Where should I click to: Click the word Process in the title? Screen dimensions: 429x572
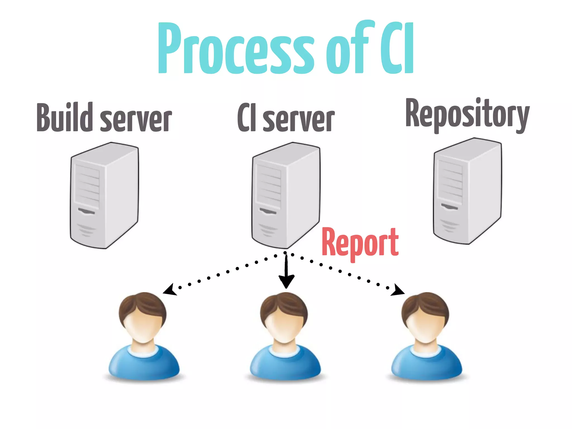(236, 49)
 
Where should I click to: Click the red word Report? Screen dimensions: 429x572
(360, 242)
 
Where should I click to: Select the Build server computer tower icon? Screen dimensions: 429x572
(104, 196)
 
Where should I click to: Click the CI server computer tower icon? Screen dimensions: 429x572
(286, 196)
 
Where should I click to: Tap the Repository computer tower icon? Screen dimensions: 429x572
(467, 191)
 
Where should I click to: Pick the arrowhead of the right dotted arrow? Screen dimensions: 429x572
(398, 290)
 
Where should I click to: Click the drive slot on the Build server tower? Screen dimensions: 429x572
(86, 211)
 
